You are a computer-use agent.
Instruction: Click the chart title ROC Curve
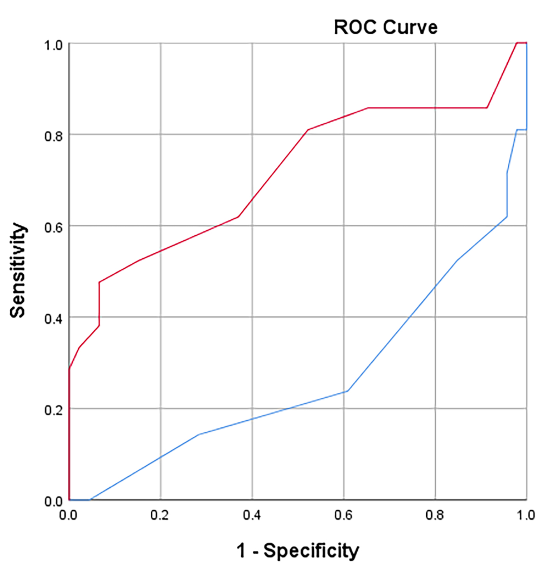(x=385, y=27)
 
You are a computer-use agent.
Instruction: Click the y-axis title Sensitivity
(x=18, y=270)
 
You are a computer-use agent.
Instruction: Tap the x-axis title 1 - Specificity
(x=298, y=550)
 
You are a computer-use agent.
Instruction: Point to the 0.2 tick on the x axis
(x=160, y=515)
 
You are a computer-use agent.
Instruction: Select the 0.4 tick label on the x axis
(x=252, y=515)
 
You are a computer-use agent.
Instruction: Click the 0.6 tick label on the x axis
(x=343, y=515)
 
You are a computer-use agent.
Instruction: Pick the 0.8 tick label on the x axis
(x=435, y=515)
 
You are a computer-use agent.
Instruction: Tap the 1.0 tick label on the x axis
(x=526, y=515)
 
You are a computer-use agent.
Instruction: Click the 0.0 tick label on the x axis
(x=68, y=515)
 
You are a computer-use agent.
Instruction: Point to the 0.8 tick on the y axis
(x=53, y=136)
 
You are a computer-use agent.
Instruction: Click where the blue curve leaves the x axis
(x=90, y=499)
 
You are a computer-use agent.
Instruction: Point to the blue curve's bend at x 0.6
(x=347, y=391)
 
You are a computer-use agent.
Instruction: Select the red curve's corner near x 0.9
(x=487, y=108)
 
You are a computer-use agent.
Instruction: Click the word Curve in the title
(x=410, y=27)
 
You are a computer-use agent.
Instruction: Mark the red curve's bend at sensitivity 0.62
(x=238, y=217)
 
